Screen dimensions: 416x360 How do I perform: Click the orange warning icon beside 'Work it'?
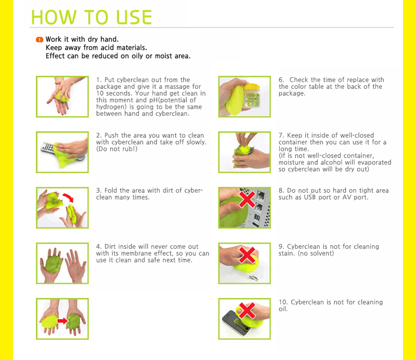(40, 39)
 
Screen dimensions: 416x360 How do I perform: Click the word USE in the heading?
(134, 18)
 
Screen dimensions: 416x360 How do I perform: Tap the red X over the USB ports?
(247, 199)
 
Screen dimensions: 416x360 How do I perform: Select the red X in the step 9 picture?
(247, 255)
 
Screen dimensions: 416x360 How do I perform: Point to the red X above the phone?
(247, 311)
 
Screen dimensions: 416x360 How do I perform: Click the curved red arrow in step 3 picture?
(68, 198)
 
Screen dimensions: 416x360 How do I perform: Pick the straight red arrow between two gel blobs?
(62, 321)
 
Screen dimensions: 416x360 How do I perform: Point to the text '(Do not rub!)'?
(116, 149)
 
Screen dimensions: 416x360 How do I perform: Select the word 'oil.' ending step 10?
(283, 309)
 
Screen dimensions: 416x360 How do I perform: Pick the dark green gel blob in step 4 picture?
(54, 263)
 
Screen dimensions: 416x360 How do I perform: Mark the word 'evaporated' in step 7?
(374, 163)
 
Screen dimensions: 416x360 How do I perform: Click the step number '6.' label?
(281, 80)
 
